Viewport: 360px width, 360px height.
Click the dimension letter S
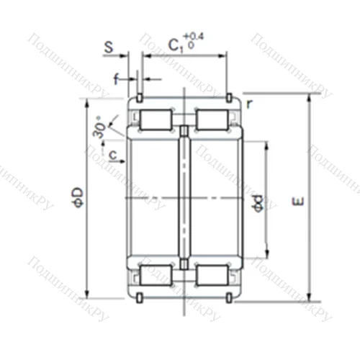pyautogui.click(x=108, y=48)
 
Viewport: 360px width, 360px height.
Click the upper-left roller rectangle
pyautogui.click(x=154, y=119)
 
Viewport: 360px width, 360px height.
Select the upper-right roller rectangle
pyautogui.click(x=213, y=119)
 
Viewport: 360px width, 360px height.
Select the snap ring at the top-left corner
pyautogui.click(x=138, y=97)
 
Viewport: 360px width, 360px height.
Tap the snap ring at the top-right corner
pyautogui.click(x=229, y=97)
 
